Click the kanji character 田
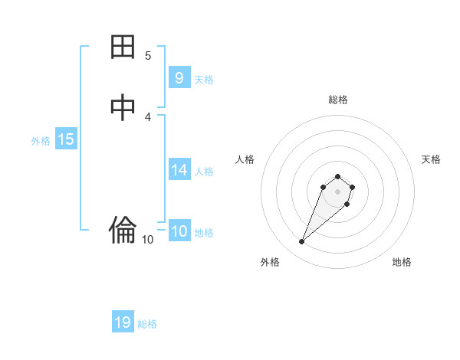(x=123, y=47)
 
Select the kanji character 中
(x=123, y=108)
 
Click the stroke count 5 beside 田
(x=148, y=55)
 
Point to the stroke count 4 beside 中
(x=148, y=116)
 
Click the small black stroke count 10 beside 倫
(x=148, y=240)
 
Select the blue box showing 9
(x=179, y=78)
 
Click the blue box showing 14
(x=179, y=170)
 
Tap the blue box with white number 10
(x=179, y=231)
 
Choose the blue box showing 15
(x=66, y=139)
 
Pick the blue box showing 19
(x=123, y=322)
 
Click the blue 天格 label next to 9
(x=204, y=79)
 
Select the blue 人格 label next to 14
(x=204, y=171)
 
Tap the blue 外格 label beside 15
(x=41, y=140)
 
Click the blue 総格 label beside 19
(x=147, y=323)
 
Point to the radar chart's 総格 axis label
(x=337, y=100)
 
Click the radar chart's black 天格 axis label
(x=431, y=159)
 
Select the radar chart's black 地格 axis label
(x=402, y=262)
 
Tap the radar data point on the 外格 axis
(x=302, y=242)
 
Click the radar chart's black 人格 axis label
(x=245, y=159)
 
